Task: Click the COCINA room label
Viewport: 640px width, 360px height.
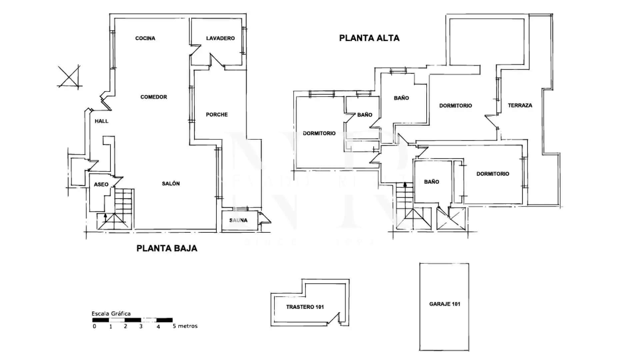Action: (x=145, y=38)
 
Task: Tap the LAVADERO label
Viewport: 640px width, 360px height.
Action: (x=220, y=38)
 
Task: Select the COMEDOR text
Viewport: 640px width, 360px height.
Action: (x=153, y=97)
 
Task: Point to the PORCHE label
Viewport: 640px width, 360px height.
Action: (x=217, y=115)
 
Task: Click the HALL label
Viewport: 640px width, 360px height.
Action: (x=101, y=121)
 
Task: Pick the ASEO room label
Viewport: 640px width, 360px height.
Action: (x=101, y=184)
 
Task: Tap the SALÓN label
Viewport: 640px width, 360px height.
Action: (x=171, y=184)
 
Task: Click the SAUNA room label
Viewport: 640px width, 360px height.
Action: (x=238, y=220)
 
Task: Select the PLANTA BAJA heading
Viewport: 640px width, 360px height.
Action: (x=167, y=248)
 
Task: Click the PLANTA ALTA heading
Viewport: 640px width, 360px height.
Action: (x=369, y=38)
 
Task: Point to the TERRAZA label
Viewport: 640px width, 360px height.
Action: (x=520, y=105)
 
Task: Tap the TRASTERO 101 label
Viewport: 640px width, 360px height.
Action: (x=305, y=307)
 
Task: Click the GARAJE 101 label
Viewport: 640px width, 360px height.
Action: (x=444, y=304)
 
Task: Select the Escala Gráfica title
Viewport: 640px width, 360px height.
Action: (x=111, y=314)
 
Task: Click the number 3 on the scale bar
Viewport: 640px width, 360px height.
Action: (x=141, y=326)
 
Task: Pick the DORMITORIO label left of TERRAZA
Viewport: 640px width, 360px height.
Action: (x=455, y=106)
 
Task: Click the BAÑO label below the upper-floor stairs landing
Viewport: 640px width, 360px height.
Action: (x=431, y=182)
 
